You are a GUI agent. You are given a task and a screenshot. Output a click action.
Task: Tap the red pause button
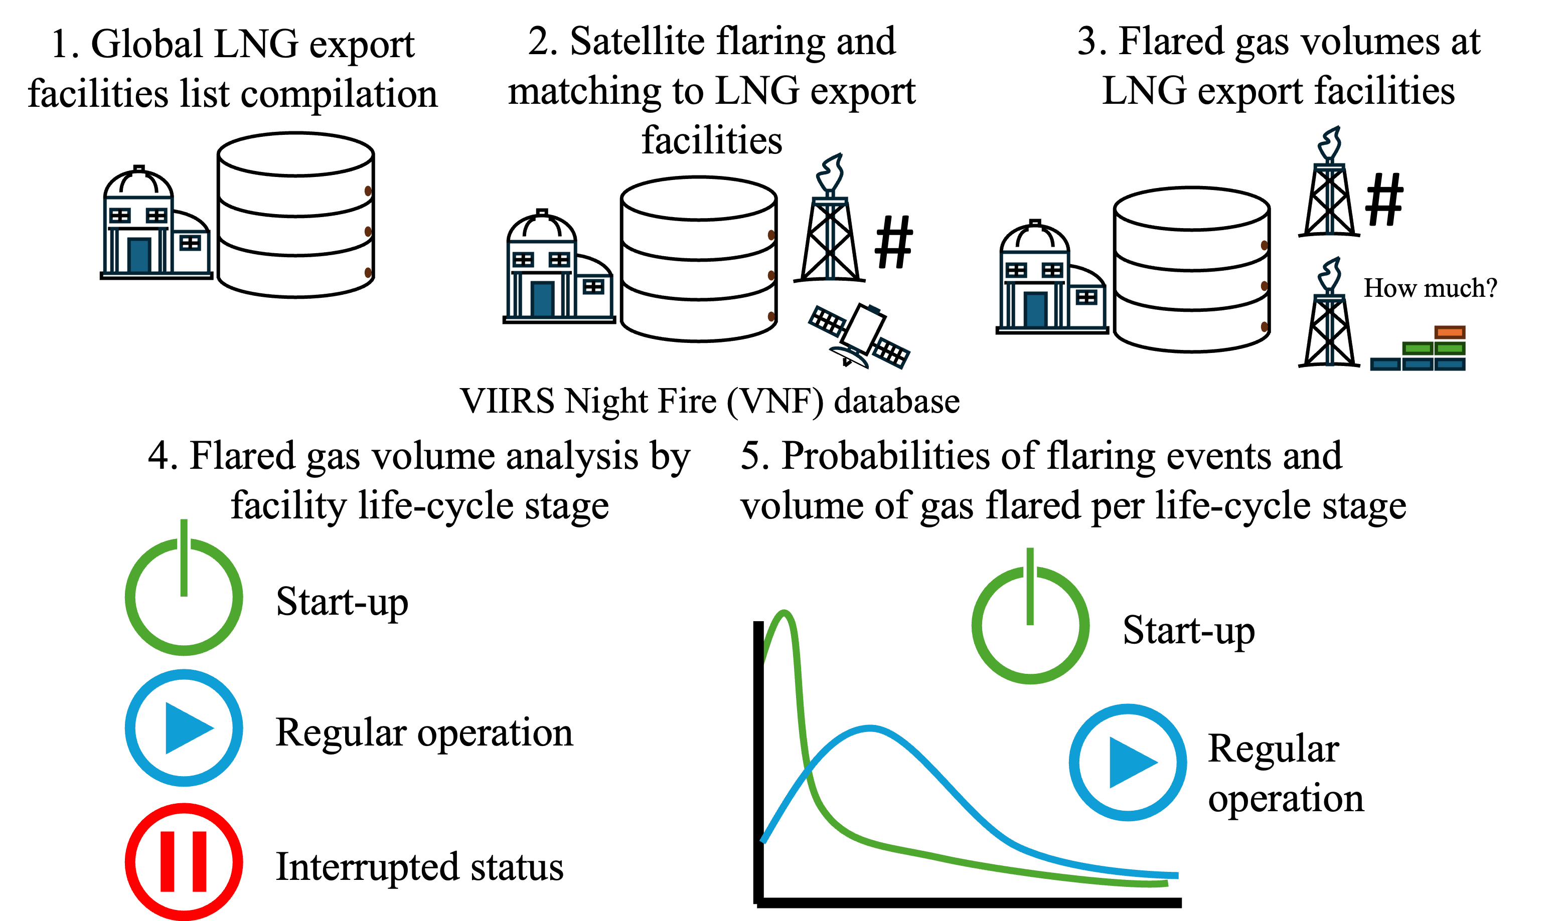point(184,861)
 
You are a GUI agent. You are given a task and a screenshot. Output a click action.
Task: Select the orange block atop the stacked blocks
point(1449,332)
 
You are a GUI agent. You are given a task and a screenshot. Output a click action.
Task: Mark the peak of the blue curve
point(870,728)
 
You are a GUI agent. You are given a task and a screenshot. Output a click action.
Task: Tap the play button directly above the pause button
point(184,728)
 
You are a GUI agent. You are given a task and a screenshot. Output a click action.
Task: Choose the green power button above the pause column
point(184,596)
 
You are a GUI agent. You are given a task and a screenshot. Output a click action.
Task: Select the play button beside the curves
point(1128,763)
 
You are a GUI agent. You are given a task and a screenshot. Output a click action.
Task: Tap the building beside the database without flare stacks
point(156,236)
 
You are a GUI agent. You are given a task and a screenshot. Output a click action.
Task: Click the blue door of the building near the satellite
point(542,300)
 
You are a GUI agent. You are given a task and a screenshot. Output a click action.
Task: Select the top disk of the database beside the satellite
point(699,199)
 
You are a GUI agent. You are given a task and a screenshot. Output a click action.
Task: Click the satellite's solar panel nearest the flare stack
point(827,321)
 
